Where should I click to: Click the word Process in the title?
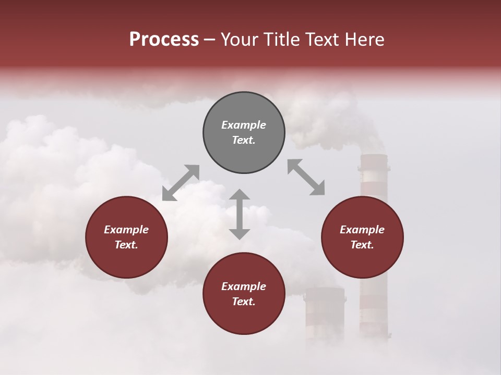click(x=164, y=40)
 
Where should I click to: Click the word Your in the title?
click(x=239, y=40)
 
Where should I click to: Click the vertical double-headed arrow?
click(x=240, y=214)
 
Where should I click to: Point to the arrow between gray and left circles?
click(x=181, y=183)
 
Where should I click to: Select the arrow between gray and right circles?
click(x=306, y=177)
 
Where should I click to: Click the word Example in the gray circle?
click(x=244, y=125)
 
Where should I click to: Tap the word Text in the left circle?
click(x=126, y=245)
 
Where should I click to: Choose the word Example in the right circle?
click(x=362, y=230)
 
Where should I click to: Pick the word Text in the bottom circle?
click(x=244, y=302)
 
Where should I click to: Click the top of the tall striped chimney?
click(x=374, y=156)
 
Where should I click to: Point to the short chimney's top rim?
click(x=325, y=290)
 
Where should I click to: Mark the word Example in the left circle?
click(x=126, y=230)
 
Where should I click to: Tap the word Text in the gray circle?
click(x=244, y=140)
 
